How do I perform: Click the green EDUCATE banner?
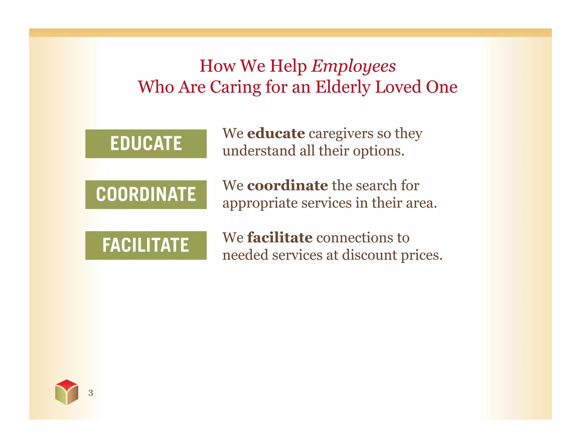[x=146, y=144]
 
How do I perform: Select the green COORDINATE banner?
[x=146, y=195]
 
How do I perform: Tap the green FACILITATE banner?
[x=146, y=245]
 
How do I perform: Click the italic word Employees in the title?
[x=353, y=66]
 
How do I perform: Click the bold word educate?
[x=276, y=133]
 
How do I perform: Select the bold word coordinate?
[x=287, y=185]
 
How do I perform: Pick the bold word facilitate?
[x=280, y=238]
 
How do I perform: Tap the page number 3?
[x=90, y=393]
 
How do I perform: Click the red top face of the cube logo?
[x=67, y=384]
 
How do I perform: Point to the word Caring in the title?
[x=235, y=87]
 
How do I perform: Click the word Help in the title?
[x=288, y=66]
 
